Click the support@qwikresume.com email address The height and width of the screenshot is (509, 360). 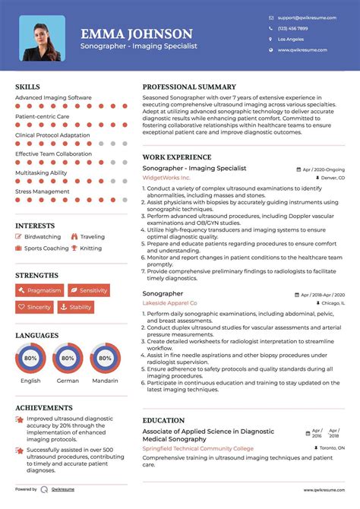click(x=302, y=17)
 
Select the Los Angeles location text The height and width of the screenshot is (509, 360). click(x=291, y=39)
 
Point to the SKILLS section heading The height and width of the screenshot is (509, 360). click(x=27, y=87)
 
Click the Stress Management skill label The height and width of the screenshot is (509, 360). click(x=42, y=191)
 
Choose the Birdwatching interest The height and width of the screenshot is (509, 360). click(x=43, y=237)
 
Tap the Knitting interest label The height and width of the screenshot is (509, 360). click(x=90, y=248)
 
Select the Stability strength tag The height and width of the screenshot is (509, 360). click(x=76, y=307)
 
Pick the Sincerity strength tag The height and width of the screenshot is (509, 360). click(x=35, y=307)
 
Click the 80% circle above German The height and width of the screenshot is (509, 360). click(x=68, y=357)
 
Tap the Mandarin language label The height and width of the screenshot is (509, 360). click(x=105, y=381)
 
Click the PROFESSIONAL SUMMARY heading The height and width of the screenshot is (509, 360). click(x=189, y=87)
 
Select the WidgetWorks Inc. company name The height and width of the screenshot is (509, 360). click(x=166, y=178)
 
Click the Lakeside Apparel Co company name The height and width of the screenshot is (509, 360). click(x=169, y=302)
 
